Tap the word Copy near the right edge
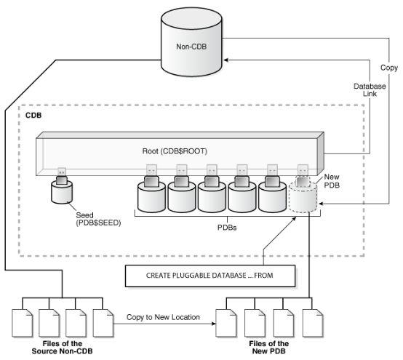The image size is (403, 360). [388, 67]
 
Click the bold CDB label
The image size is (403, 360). [33, 115]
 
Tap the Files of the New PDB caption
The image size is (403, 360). [269, 348]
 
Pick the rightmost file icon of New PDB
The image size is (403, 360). [312, 321]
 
